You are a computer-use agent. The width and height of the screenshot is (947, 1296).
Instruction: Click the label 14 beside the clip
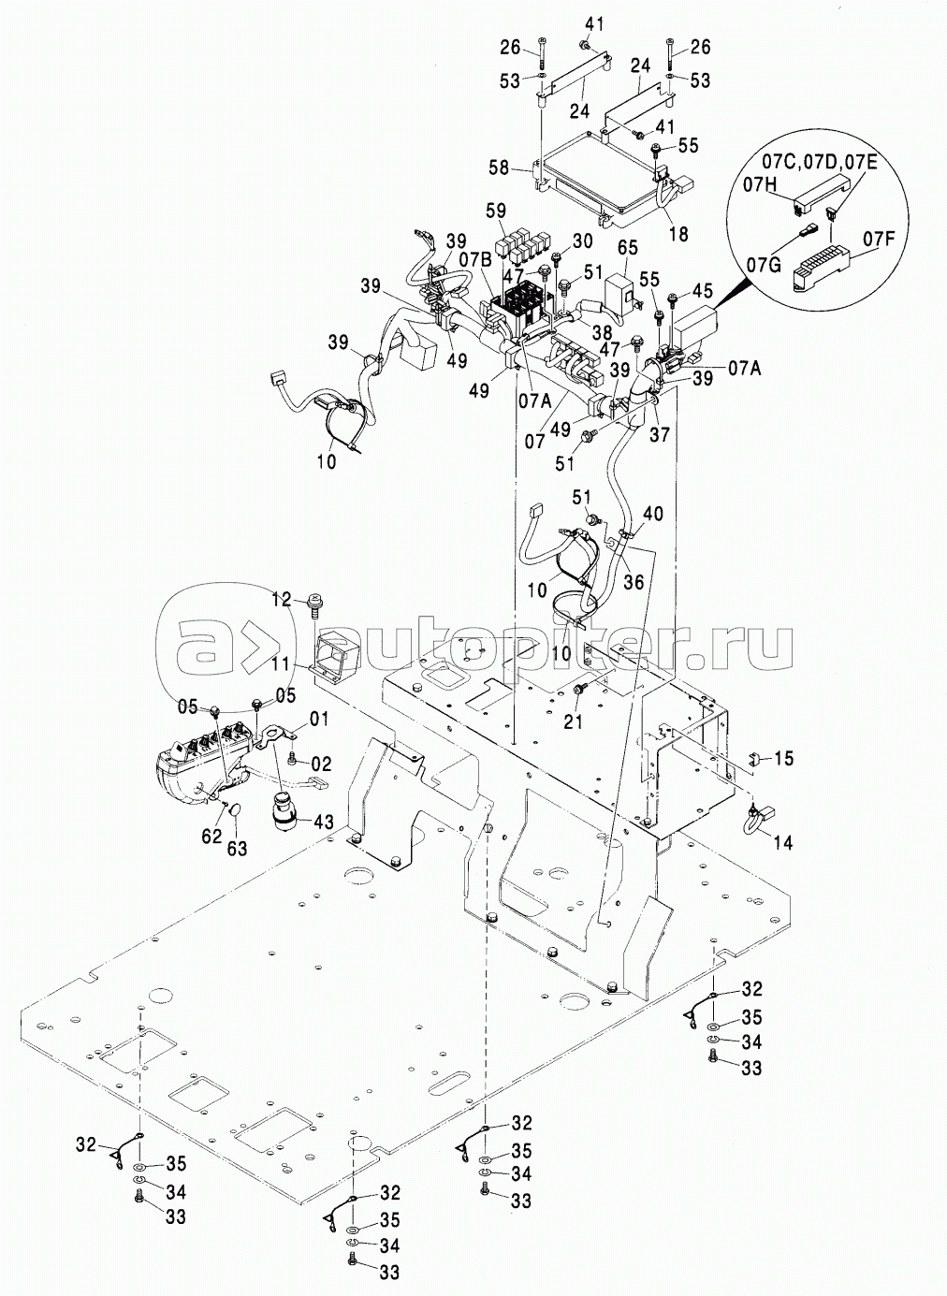pyautogui.click(x=783, y=842)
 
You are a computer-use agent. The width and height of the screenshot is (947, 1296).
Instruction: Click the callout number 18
pyautogui.click(x=677, y=235)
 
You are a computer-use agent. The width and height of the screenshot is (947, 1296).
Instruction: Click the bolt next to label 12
pyautogui.click(x=312, y=604)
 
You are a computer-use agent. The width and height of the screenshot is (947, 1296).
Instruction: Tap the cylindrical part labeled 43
pyautogui.click(x=284, y=807)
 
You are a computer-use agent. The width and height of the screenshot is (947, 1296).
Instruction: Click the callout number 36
pyautogui.click(x=634, y=580)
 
